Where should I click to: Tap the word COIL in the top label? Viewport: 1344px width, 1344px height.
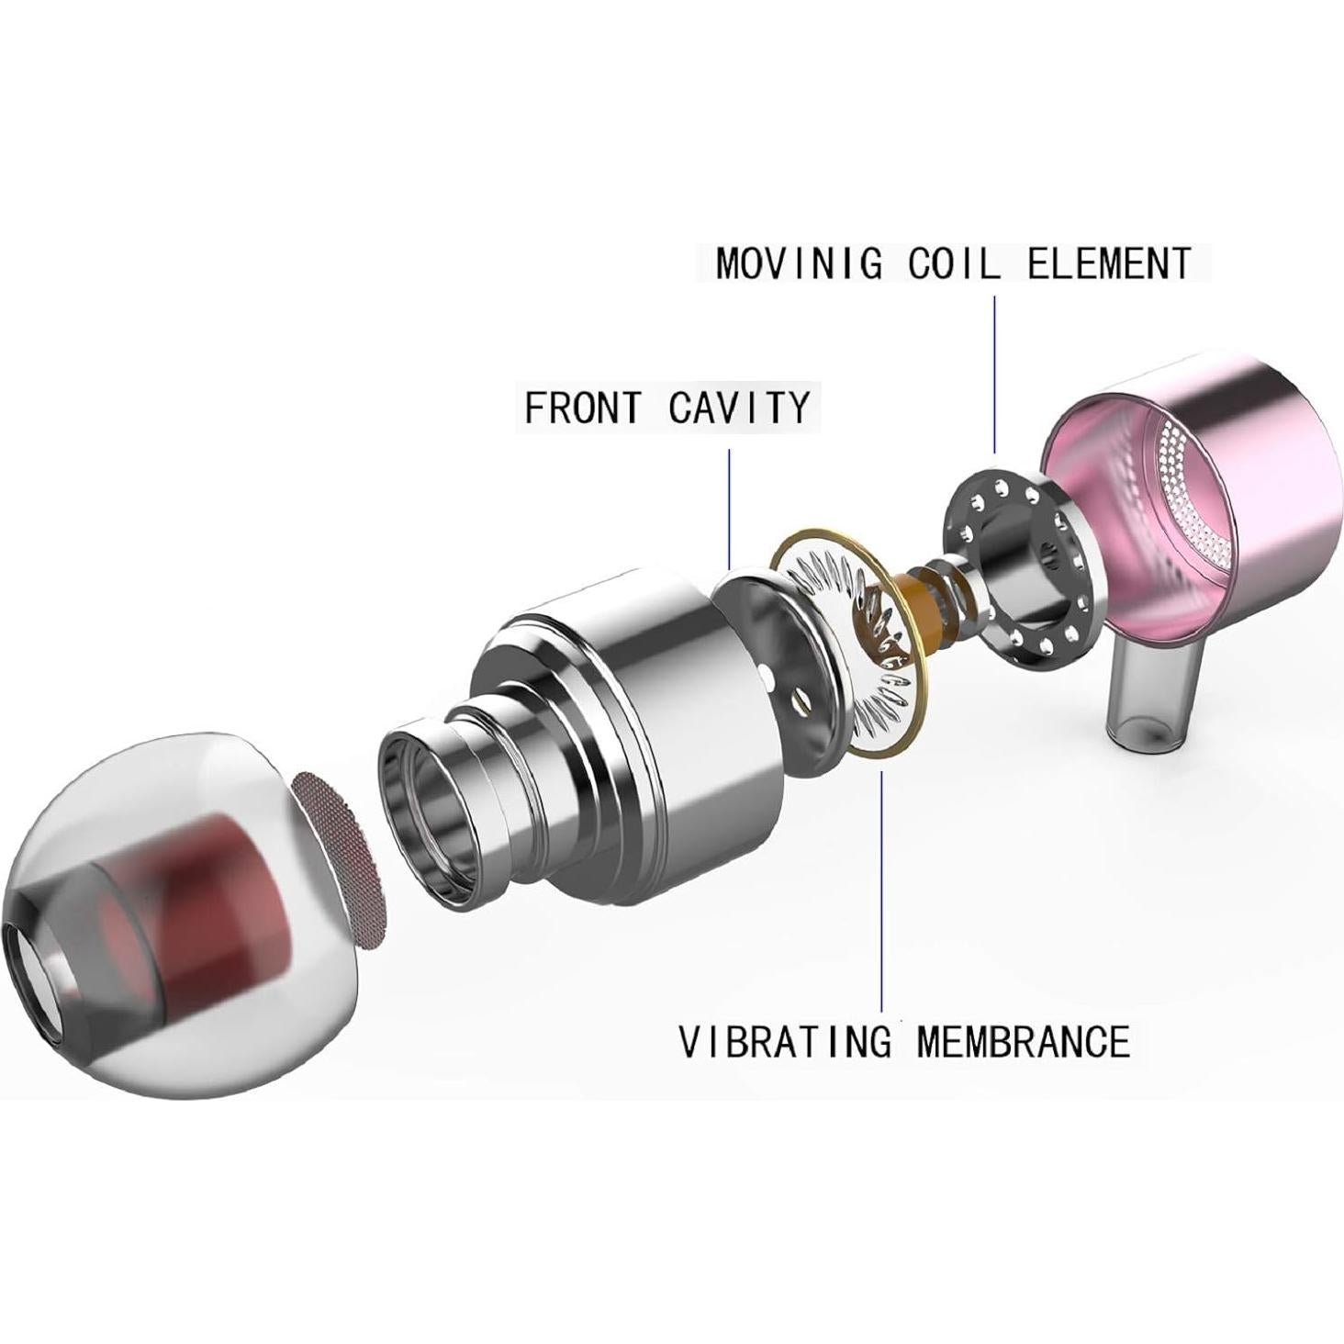coord(954,263)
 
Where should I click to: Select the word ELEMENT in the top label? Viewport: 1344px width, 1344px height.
coord(1109,263)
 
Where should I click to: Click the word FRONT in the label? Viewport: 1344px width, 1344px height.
coord(582,408)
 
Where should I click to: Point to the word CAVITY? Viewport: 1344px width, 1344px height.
coord(739,408)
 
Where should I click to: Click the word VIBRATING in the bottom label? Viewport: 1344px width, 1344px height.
coord(785,1041)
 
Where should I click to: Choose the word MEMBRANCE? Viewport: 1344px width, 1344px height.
coord(1023,1041)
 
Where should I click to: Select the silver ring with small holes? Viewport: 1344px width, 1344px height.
coord(1019,569)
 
